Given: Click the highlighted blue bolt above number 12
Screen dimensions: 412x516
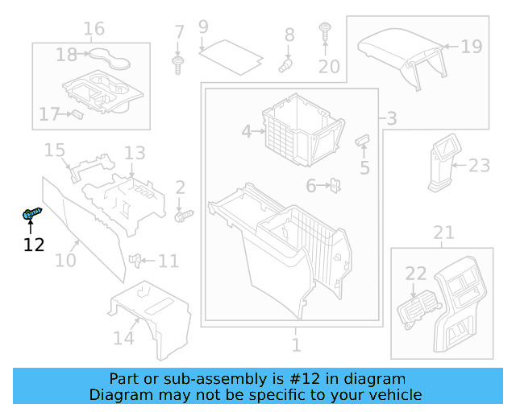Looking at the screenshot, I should pos(31,213).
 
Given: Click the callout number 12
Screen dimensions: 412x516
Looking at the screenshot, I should pos(34,245).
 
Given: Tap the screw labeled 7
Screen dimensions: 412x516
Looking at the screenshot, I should pos(179,64).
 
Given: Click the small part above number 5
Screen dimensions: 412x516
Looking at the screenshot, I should pos(363,142).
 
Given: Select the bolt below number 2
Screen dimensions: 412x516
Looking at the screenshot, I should pos(185,215).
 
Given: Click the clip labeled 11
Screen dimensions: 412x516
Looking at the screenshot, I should pos(137,260).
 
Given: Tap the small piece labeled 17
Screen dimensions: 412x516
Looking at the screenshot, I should pos(77,113).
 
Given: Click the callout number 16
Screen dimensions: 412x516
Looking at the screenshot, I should pos(94,29).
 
